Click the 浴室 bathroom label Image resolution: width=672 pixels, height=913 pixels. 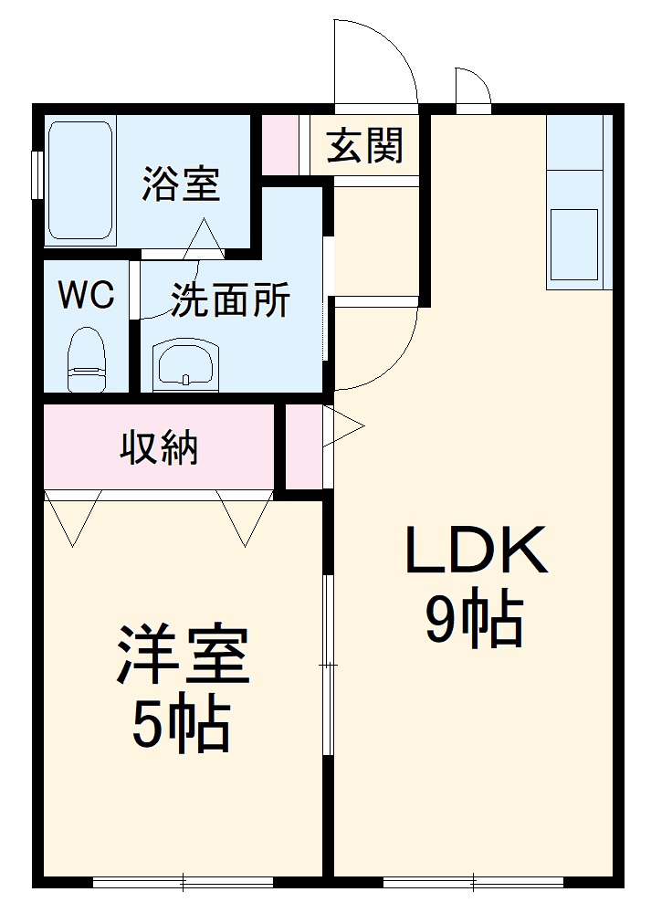coord(180,184)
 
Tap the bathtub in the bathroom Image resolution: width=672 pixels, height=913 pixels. coord(79,181)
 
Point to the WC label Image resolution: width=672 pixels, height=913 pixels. coord(86,295)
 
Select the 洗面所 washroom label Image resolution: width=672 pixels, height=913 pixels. coord(231,300)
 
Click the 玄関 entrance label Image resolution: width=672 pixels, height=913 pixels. coord(364,145)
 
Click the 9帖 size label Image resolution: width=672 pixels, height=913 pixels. coord(474,620)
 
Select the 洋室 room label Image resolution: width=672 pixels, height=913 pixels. coord(182,656)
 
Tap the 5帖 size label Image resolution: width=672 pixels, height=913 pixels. coord(181,726)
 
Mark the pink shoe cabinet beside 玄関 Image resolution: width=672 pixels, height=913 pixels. coord(280,145)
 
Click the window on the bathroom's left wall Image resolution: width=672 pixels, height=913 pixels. coord(37,173)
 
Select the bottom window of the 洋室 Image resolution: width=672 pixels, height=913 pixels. coord(183,882)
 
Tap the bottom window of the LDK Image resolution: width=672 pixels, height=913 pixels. coord(473,882)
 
